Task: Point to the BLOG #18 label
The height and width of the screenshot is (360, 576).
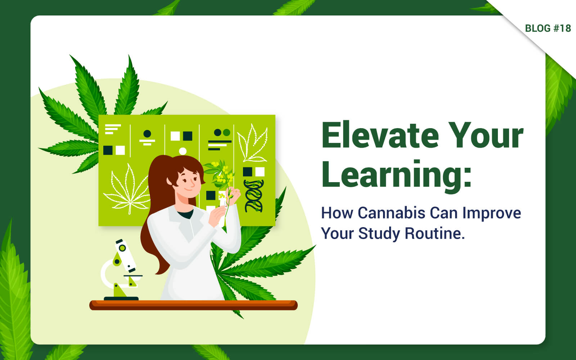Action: (x=548, y=28)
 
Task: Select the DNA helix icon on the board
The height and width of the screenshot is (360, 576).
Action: (x=253, y=196)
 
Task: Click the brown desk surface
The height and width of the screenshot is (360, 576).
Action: (x=193, y=305)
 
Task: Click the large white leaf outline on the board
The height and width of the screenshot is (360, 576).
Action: (x=128, y=189)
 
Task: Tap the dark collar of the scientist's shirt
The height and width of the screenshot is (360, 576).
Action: (x=185, y=214)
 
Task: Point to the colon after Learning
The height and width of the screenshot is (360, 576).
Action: (x=467, y=178)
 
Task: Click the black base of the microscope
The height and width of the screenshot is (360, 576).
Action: (x=121, y=298)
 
